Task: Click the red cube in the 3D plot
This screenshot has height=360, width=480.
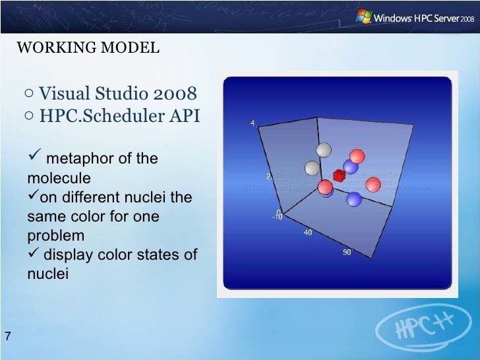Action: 339,175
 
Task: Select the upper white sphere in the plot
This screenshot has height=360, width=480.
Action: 323,150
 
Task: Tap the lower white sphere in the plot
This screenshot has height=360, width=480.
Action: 313,168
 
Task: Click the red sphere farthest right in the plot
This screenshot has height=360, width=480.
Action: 373,185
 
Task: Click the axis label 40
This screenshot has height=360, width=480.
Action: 307,233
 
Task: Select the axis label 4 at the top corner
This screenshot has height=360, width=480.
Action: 253,123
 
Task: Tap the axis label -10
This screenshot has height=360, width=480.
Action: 277,217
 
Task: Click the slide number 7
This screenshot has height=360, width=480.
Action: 7,337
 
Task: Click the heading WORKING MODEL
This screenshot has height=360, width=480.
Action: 87,48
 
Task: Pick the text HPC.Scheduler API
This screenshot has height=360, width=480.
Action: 119,116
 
